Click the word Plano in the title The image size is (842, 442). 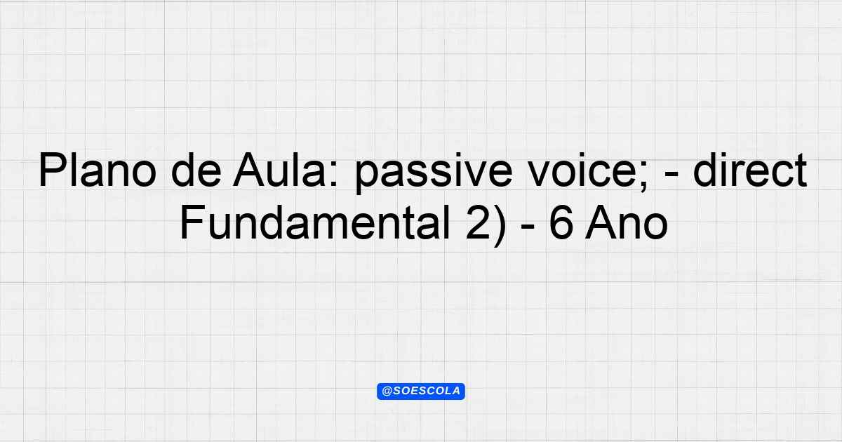coord(97,170)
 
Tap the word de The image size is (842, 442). coord(196,170)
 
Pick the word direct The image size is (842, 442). coord(750,170)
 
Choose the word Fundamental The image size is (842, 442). coord(315,222)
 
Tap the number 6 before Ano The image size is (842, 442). coord(561,222)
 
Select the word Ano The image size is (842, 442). coord(626,222)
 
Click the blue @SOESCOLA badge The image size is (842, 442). coord(421,391)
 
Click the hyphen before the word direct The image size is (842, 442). coord(671,175)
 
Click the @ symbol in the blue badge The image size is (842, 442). coord(387,391)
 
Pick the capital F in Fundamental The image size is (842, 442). coord(192,222)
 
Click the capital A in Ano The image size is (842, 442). coord(601,222)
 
